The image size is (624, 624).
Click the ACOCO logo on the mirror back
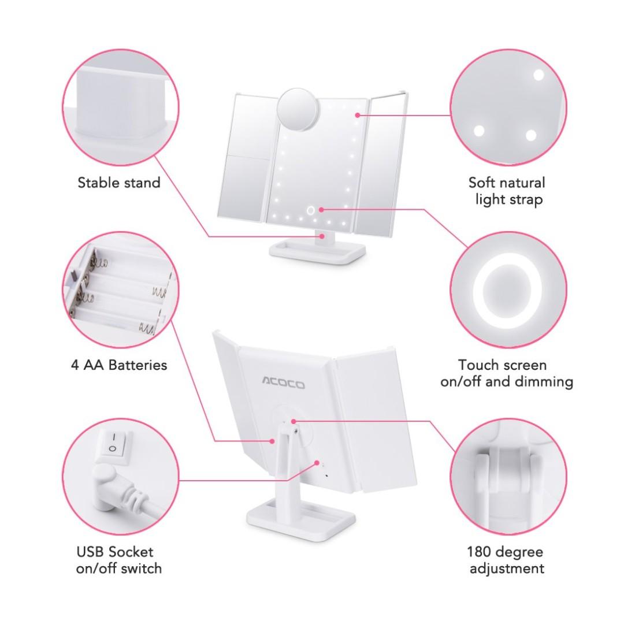point(283,383)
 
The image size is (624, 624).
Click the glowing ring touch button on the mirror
point(311,210)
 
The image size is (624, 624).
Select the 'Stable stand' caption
point(119,183)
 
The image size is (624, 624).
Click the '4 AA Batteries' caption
point(119,365)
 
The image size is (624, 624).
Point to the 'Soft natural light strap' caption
point(507,191)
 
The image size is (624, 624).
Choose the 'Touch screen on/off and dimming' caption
point(507,373)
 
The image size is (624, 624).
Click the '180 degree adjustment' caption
point(507,560)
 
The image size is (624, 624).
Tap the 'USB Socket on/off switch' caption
point(119,560)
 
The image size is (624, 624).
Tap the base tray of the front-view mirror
point(318,251)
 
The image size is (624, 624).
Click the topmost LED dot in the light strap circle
point(538,75)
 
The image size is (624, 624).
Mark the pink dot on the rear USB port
point(317,462)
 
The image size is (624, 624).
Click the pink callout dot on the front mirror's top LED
point(358,115)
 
